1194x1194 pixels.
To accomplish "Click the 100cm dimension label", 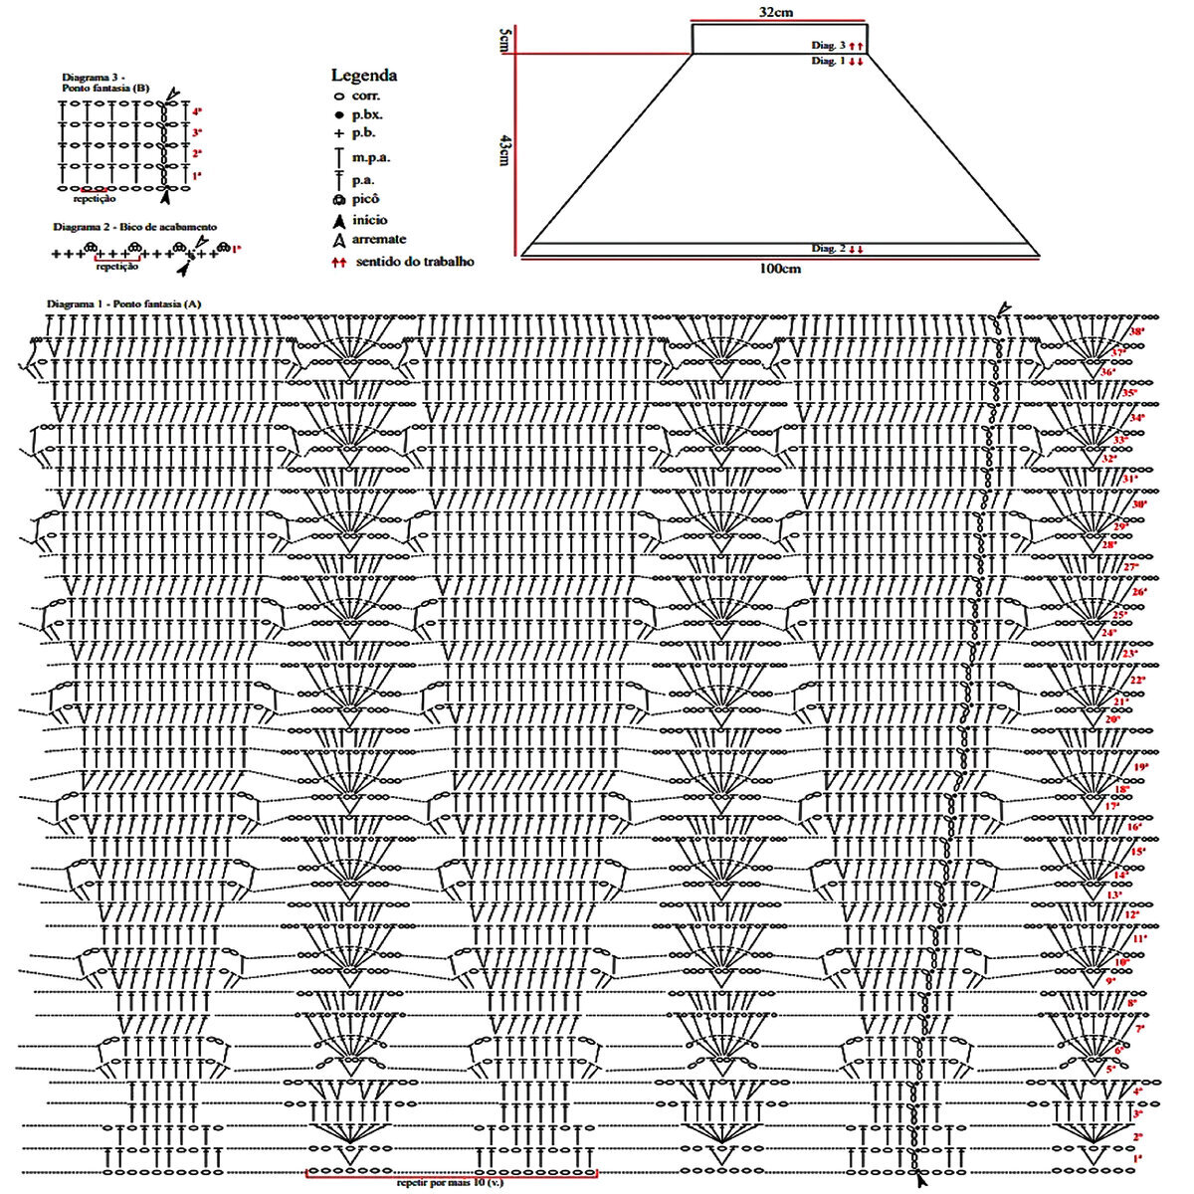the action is (x=780, y=269).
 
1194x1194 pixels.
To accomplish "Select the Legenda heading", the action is (x=364, y=76).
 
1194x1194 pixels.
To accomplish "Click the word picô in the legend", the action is (x=366, y=199).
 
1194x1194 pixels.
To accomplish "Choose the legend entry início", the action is (x=369, y=220).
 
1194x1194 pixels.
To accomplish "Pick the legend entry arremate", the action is (x=378, y=240).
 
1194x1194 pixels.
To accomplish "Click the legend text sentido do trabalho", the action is (x=414, y=262).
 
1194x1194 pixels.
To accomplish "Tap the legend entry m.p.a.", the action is (x=370, y=157).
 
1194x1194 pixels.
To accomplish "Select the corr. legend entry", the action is (x=365, y=97).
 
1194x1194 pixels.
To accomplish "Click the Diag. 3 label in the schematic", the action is (x=829, y=46).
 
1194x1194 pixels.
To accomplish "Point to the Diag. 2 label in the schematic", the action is (x=829, y=248).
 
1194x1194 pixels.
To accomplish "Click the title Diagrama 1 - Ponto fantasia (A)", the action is (x=124, y=302).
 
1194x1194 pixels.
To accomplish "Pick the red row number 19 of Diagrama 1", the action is (x=1140, y=767).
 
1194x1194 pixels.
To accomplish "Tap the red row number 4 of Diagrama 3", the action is (x=197, y=111).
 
